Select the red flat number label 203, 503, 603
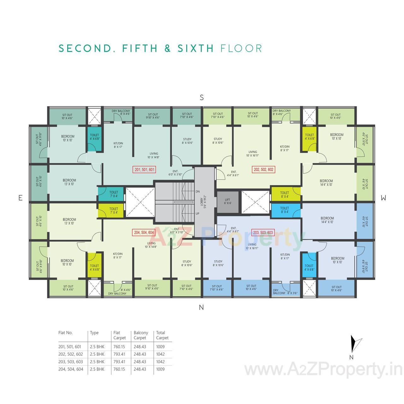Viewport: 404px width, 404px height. pos(263,233)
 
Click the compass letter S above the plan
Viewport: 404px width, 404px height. pos(202,98)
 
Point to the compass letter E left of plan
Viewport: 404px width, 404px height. pos(21,198)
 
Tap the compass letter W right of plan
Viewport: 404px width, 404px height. pos(383,198)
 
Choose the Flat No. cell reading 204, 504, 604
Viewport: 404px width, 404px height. pos(71,369)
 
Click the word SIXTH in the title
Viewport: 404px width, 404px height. pos(195,48)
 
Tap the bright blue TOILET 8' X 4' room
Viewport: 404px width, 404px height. pos(284,210)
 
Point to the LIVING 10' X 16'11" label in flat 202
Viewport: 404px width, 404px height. pos(252,154)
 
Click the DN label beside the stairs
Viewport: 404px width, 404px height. pos(198,192)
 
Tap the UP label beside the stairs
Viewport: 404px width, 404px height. pos(198,214)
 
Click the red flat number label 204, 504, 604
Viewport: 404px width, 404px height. pos(144,233)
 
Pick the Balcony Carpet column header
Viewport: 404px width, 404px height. pos(141,335)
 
